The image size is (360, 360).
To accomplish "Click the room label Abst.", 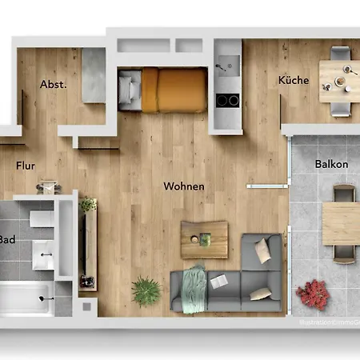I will pos(53,83).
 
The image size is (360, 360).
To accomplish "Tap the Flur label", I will pos(26,166).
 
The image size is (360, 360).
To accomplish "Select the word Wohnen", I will pos(184,186).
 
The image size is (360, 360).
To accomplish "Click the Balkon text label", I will pos(331,164).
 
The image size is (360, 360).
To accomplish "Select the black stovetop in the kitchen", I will pos(227,100).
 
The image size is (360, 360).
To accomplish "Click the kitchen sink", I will pos(225,62).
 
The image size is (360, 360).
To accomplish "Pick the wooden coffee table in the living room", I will pos(205,238).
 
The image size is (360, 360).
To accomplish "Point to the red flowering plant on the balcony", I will pos(314,295).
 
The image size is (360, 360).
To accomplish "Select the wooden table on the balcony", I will pos(341,223).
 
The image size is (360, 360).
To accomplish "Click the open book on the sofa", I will pos(218,281).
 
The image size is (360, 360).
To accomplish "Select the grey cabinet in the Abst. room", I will pos(93,74).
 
